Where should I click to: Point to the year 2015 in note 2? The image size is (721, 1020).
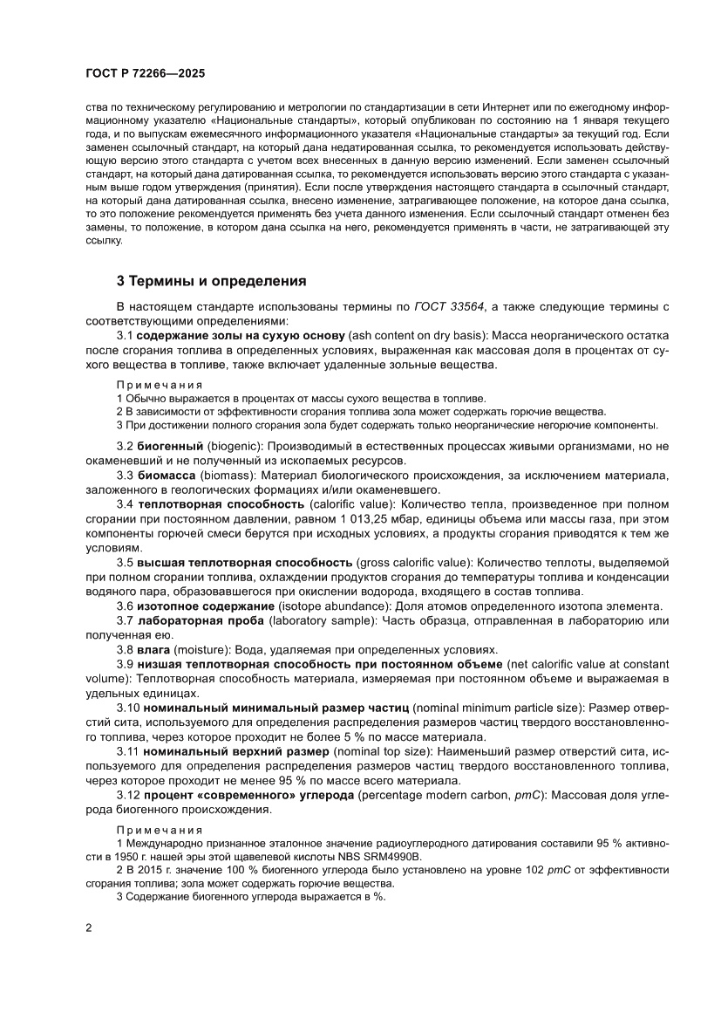(149, 871)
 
